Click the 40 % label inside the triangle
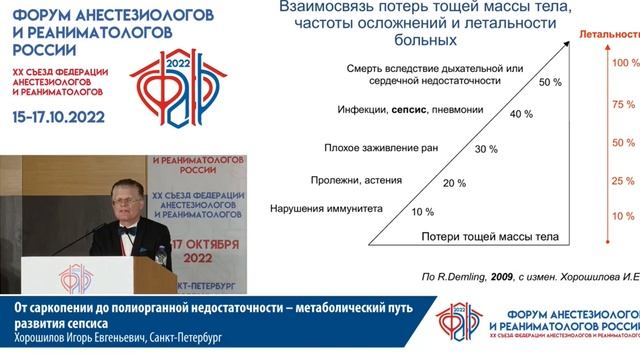click(493, 115)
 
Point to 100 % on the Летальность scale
click(624, 63)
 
